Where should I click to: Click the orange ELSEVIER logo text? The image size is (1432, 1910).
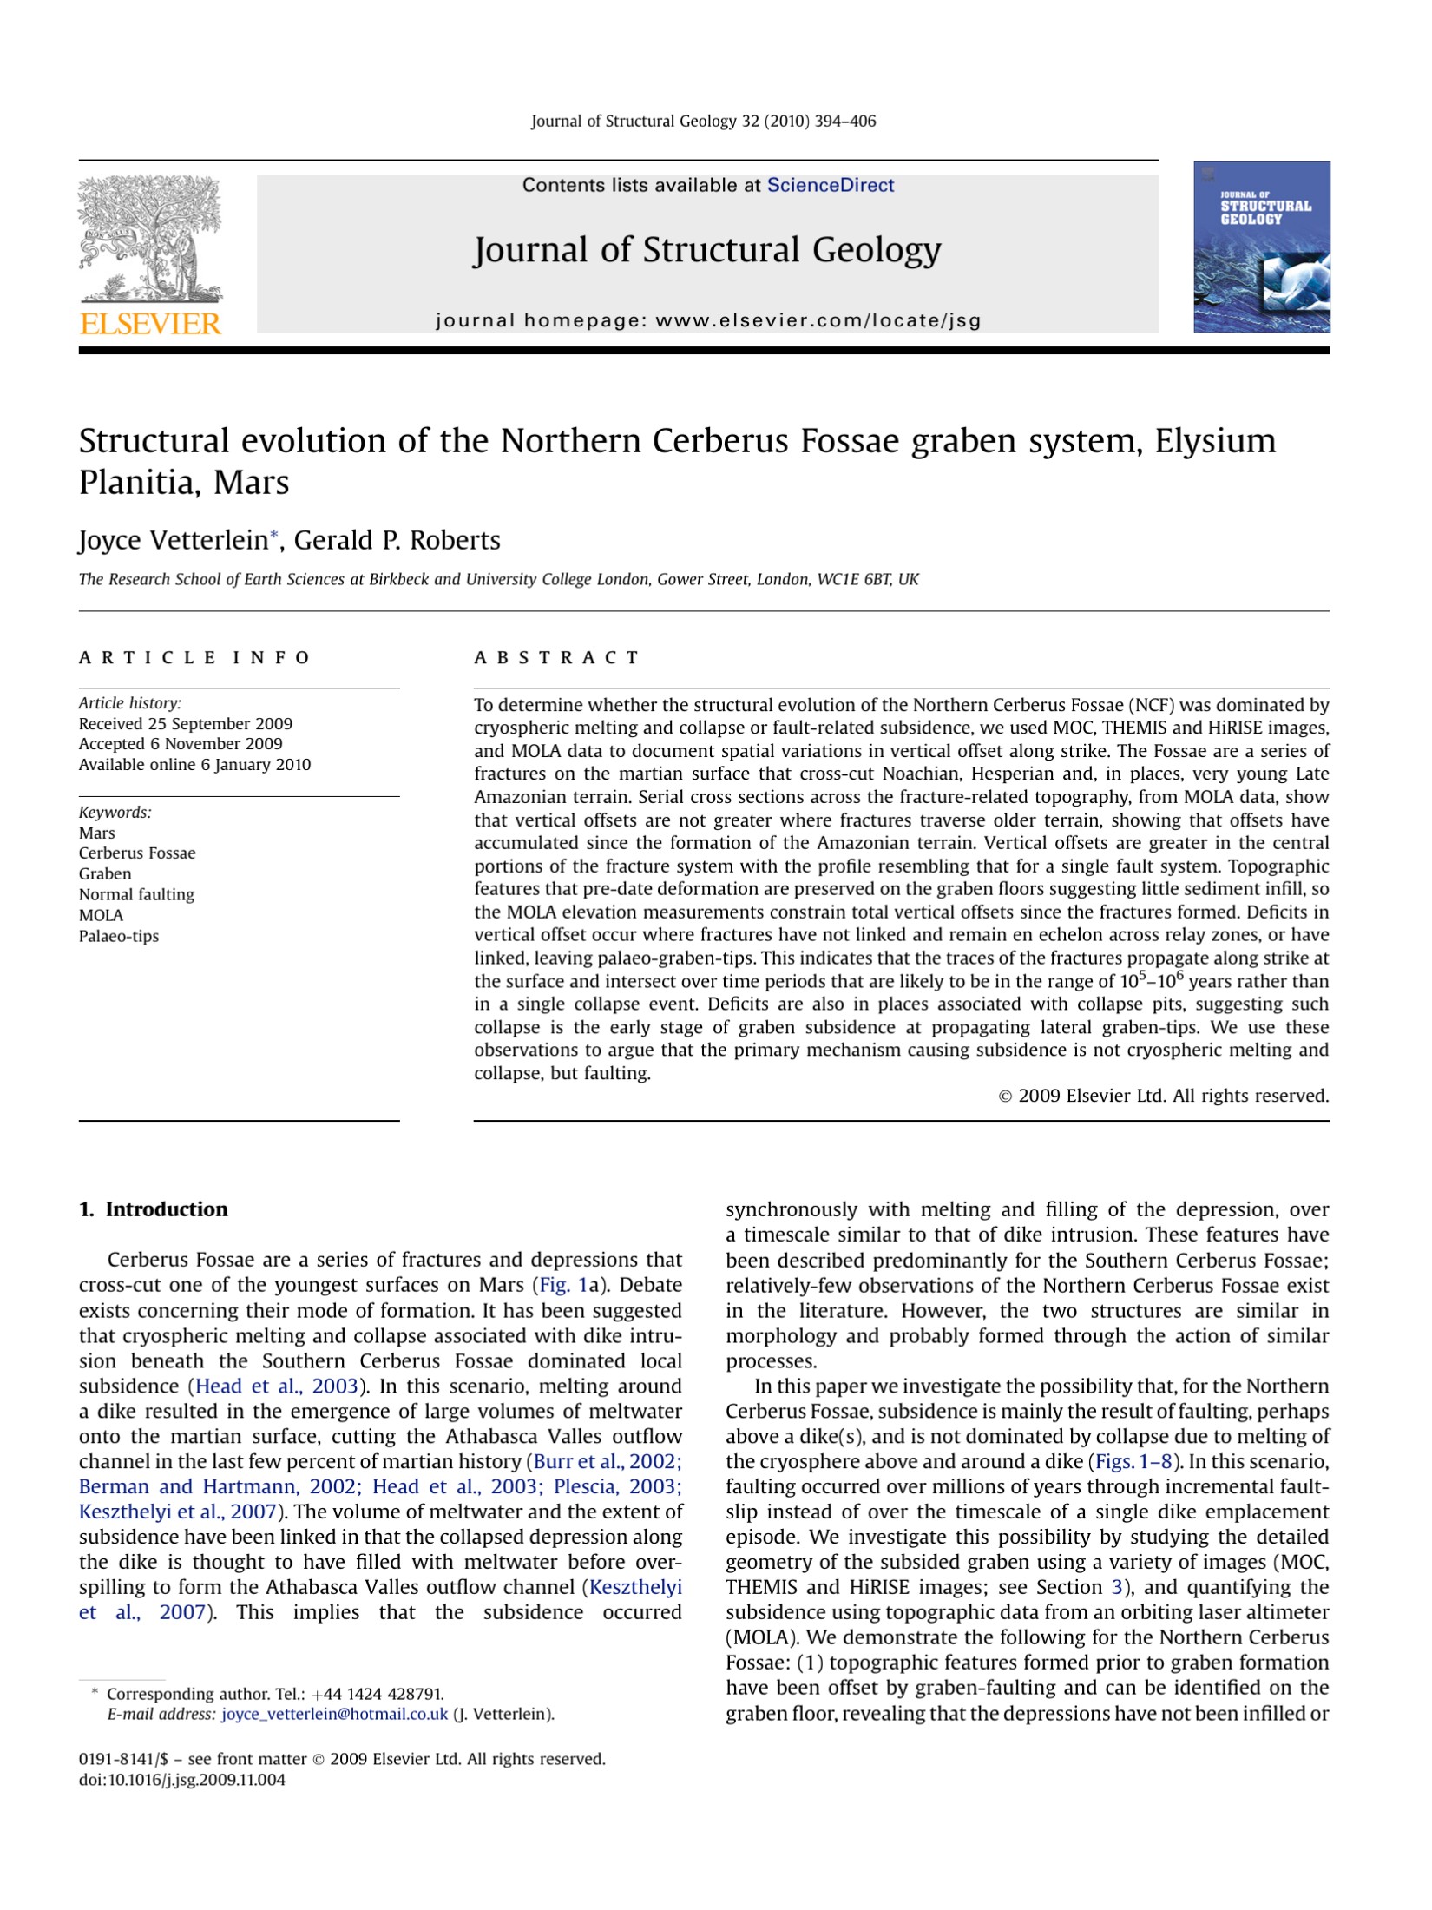[150, 325]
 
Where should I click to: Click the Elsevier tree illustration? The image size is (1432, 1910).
[150, 238]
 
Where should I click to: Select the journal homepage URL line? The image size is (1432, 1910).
[707, 320]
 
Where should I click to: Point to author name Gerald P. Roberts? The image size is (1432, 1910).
[397, 540]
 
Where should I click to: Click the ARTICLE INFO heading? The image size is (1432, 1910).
[194, 657]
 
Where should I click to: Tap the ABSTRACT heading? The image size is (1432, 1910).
[556, 657]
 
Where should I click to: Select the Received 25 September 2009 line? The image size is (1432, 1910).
[186, 723]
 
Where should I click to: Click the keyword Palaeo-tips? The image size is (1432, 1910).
[119, 936]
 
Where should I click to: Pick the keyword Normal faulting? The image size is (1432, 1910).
[136, 894]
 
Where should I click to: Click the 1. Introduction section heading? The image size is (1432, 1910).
[153, 1209]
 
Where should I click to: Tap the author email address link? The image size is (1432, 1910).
[335, 1714]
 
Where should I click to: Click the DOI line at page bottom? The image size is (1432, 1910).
[181, 1780]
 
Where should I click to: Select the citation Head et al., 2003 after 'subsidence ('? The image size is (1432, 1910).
[276, 1386]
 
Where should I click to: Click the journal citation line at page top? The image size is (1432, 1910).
[703, 122]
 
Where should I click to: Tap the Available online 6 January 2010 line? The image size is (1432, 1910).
[194, 765]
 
